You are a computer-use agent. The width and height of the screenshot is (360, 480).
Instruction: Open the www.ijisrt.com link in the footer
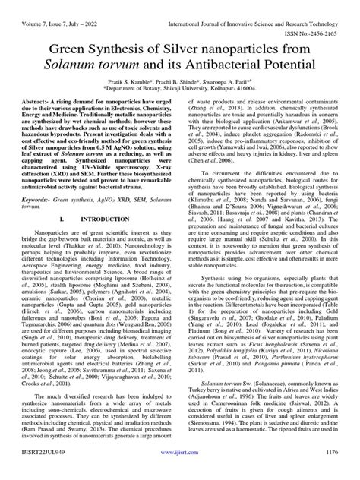(179, 471)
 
